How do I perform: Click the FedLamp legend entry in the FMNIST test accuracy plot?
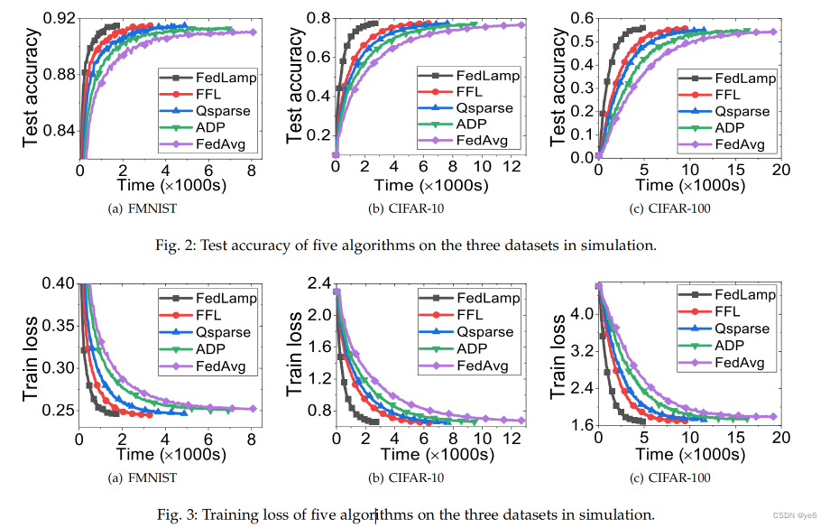coord(221,78)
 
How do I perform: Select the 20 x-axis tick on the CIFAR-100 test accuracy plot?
coord(781,168)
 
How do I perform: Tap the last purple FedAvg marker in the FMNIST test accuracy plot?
coord(253,32)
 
